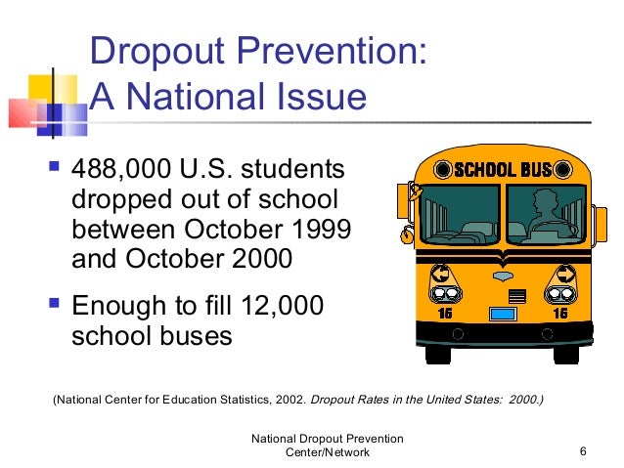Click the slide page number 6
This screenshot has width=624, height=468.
click(583, 450)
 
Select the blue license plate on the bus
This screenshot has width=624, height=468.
click(502, 314)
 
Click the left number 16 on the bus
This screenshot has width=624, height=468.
click(444, 313)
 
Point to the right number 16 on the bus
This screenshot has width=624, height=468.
click(559, 313)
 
